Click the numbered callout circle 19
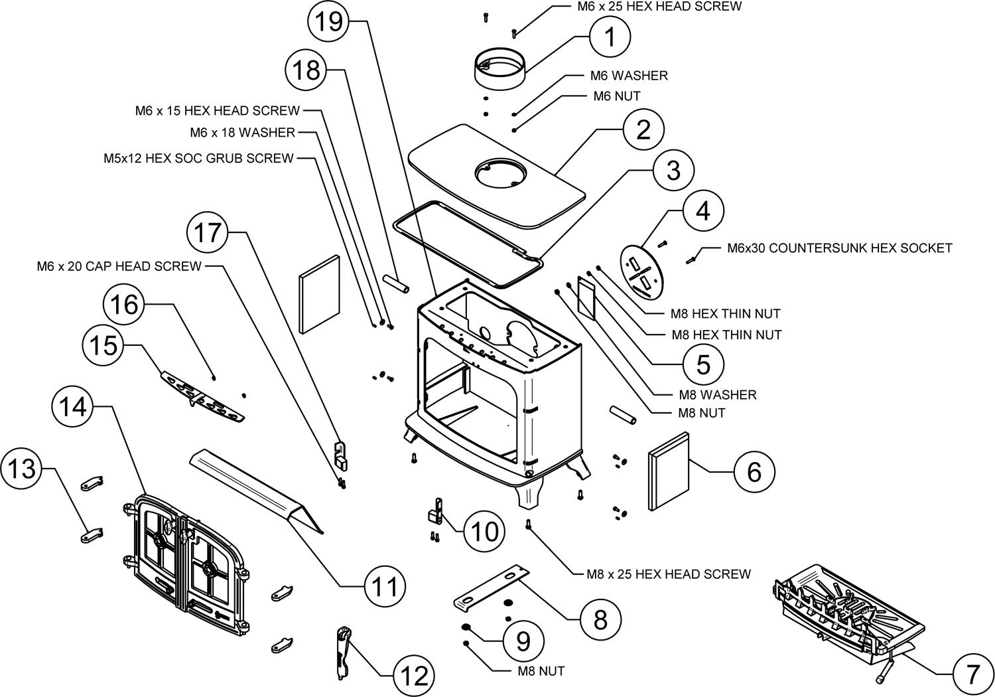330,21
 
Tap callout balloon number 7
972,675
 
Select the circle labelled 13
22,468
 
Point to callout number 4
702,211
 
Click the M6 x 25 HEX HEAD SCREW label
659,7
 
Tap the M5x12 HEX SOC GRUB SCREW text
198,159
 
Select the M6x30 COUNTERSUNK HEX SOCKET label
840,248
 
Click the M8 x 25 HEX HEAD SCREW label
669,574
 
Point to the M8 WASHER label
717,395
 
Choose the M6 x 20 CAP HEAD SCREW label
119,266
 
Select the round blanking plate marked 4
642,271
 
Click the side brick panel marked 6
669,471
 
